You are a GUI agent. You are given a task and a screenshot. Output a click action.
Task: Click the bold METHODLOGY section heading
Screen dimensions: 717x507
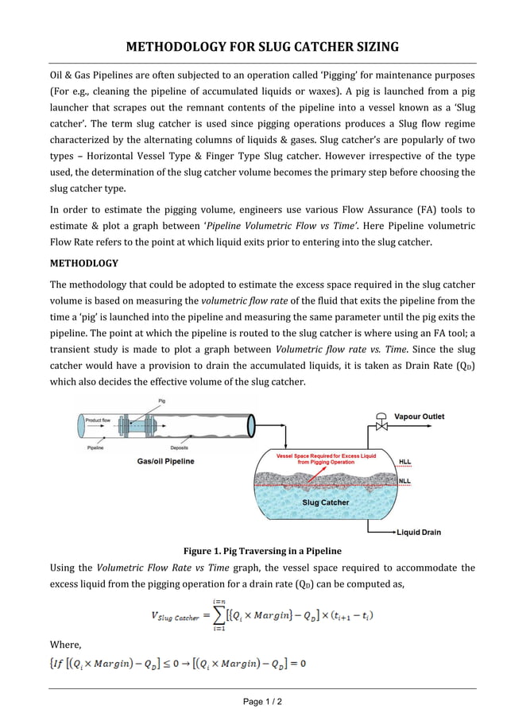[83, 263]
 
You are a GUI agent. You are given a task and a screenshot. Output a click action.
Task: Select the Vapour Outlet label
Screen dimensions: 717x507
[420, 417]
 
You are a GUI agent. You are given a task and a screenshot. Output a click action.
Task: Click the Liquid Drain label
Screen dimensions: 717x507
[419, 532]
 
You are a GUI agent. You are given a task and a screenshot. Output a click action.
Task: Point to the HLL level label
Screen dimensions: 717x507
[405, 461]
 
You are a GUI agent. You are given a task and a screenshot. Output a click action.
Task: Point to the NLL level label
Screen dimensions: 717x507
[405, 480]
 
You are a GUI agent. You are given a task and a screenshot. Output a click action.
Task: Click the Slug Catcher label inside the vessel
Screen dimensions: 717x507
[325, 502]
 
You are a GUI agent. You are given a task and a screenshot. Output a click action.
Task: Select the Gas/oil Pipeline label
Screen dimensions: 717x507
[165, 461]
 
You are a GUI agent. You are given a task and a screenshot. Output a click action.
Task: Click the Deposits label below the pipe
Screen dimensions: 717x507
[180, 448]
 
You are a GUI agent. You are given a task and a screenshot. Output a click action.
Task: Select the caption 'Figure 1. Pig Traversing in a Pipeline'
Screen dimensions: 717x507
[262, 551]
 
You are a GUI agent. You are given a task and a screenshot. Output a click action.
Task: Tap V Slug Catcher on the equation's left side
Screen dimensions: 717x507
[174, 615]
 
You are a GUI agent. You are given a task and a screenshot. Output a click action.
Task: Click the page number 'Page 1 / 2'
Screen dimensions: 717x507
[262, 702]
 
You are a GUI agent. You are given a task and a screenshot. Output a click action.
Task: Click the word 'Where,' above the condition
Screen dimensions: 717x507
[65, 645]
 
